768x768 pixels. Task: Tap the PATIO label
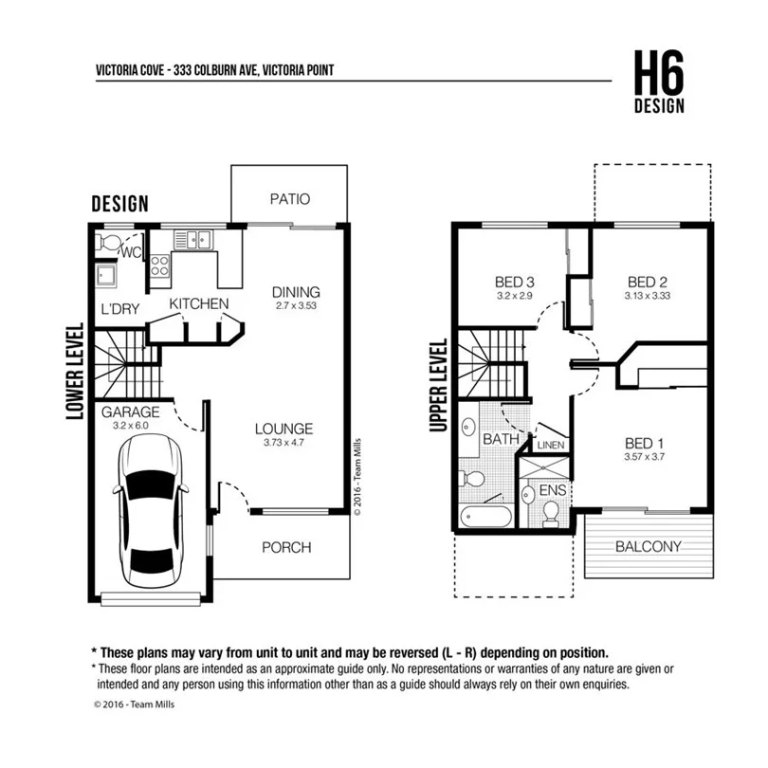(x=290, y=199)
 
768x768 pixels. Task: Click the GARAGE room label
(x=129, y=412)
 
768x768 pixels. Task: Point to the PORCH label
(x=286, y=547)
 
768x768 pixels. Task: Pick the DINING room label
(x=296, y=292)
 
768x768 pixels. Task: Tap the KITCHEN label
(x=199, y=303)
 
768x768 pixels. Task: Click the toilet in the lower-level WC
(x=111, y=245)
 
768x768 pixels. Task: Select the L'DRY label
(x=119, y=309)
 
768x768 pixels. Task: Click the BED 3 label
(x=515, y=282)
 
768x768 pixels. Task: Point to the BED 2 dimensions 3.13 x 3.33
(x=648, y=296)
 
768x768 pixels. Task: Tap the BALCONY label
(x=649, y=546)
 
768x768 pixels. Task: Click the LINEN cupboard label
(x=550, y=444)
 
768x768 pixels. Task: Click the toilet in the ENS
(x=549, y=512)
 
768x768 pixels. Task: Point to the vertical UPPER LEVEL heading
(x=438, y=387)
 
